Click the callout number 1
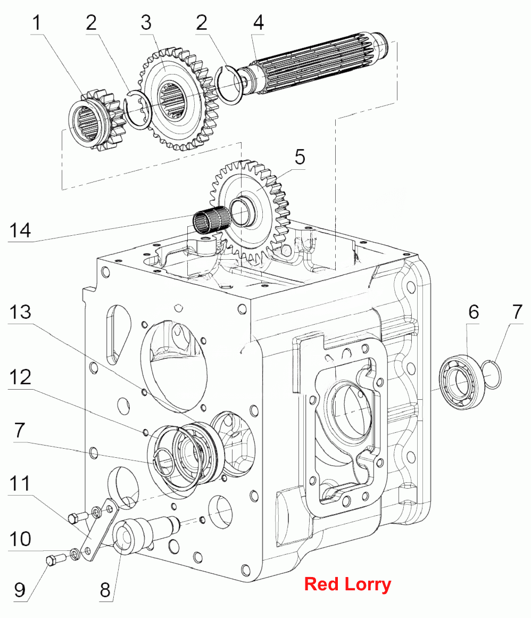(x=37, y=22)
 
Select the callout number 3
(x=146, y=22)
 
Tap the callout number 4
(x=259, y=22)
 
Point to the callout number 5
(x=300, y=157)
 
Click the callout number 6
(x=474, y=312)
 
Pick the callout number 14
(x=20, y=230)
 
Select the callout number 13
(x=20, y=312)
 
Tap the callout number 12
(x=20, y=377)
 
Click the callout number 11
(x=20, y=484)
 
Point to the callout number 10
(x=20, y=539)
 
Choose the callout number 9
(x=20, y=590)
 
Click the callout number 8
(x=105, y=590)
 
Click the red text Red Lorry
(x=348, y=584)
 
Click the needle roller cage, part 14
(x=211, y=221)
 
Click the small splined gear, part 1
(x=96, y=120)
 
